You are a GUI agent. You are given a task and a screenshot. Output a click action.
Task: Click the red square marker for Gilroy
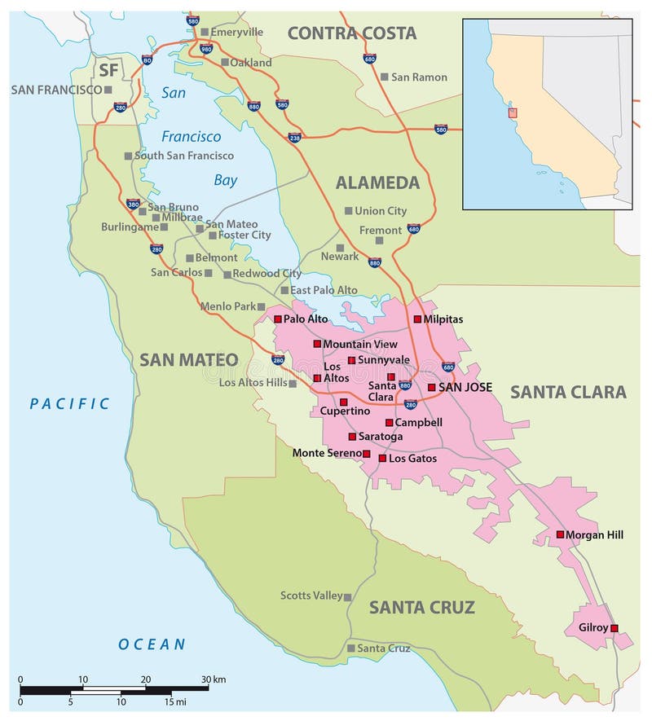click(615, 628)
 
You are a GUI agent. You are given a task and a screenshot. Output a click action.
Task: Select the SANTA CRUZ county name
click(421, 607)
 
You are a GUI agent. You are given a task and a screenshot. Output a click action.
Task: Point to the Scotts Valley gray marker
click(348, 597)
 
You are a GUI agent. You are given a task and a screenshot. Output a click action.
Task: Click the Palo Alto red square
click(278, 319)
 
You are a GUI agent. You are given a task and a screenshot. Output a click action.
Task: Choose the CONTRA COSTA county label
click(351, 33)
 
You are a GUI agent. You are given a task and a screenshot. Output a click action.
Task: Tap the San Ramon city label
click(419, 77)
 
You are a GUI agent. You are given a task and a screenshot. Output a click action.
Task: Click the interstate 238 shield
click(294, 137)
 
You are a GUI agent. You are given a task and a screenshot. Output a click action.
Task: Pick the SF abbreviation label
click(108, 70)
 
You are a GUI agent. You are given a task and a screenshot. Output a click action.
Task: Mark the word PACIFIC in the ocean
click(69, 403)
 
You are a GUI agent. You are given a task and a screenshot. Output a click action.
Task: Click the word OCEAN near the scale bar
click(152, 644)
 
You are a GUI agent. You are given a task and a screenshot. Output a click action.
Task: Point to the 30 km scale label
click(214, 679)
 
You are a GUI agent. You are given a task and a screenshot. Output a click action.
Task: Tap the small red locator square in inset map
click(512, 112)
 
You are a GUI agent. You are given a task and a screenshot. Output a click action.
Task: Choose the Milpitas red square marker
click(418, 319)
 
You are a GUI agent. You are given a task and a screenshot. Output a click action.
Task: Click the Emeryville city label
click(236, 32)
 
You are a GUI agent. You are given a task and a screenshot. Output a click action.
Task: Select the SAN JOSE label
click(465, 387)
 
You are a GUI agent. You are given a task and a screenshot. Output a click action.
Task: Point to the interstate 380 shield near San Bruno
click(133, 204)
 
